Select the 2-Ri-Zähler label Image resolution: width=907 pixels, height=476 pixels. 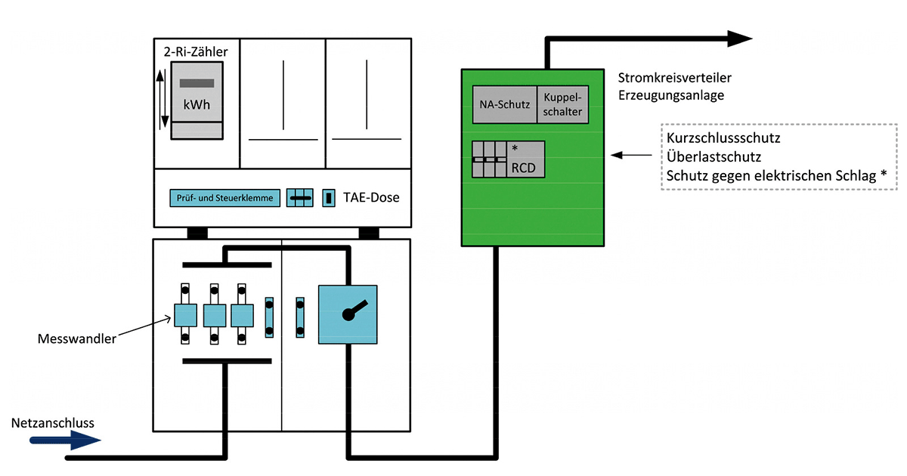[x=196, y=52]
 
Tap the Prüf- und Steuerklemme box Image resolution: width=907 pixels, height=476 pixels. [x=225, y=198]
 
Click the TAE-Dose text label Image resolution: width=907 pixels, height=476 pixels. [x=370, y=198]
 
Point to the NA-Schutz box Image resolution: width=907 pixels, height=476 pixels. [x=505, y=105]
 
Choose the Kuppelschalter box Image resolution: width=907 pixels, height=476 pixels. [x=562, y=105]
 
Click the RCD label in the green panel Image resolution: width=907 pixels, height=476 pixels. [x=523, y=168]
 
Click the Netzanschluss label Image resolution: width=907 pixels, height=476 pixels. [x=53, y=422]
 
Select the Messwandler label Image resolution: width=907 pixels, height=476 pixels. [x=77, y=339]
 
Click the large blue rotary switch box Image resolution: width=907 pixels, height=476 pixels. [x=348, y=314]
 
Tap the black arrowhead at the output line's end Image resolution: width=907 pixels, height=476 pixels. [x=739, y=39]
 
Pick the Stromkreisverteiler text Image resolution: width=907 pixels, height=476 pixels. [x=675, y=78]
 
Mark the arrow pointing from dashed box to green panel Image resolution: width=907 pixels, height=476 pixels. [x=632, y=156]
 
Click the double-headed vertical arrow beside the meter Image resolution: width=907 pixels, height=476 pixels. [x=161, y=98]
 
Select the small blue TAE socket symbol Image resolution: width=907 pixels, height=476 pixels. [x=329, y=198]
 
